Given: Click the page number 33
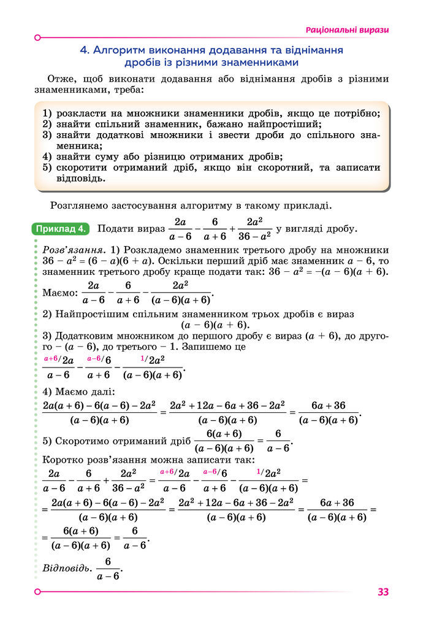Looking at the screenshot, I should (x=383, y=592).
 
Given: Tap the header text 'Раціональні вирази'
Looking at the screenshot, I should (x=348, y=30).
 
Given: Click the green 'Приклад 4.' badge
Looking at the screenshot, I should (x=61, y=229).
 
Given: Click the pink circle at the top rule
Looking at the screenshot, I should (x=38, y=37).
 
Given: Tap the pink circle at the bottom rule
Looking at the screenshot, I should (x=38, y=592).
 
